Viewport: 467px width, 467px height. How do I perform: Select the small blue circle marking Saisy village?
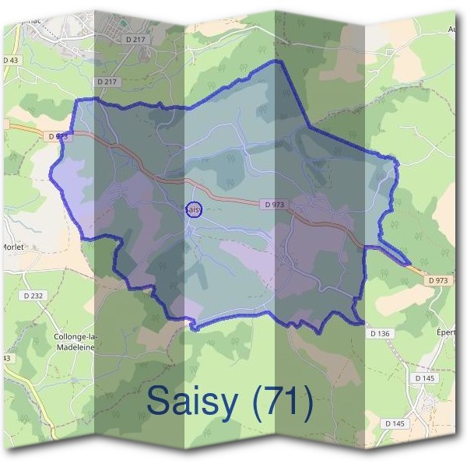195,209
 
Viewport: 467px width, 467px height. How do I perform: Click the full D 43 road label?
11,60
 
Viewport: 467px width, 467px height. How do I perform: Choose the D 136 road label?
381,333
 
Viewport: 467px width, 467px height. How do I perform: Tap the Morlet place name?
14,247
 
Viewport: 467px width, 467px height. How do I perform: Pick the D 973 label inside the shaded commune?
276,204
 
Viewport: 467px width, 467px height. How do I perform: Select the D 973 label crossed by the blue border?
59,136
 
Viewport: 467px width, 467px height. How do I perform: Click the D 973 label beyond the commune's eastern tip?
439,279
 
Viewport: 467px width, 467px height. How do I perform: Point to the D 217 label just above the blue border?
107,81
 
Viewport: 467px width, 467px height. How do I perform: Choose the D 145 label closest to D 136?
424,377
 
